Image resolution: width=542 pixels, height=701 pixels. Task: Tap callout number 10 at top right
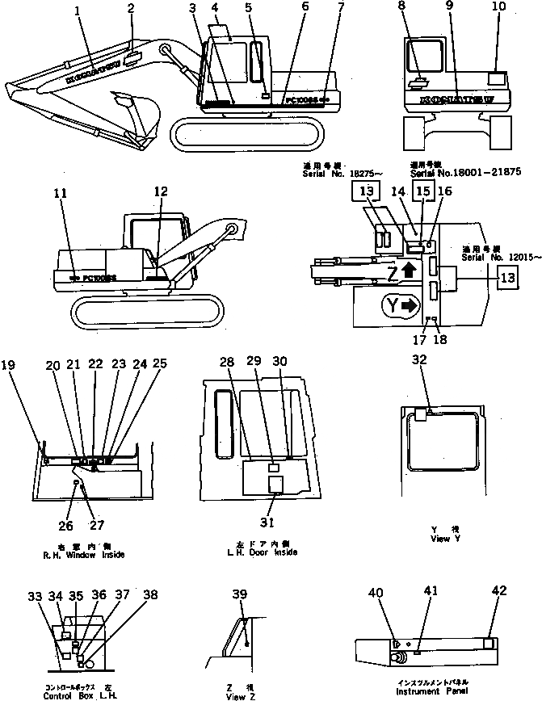click(x=498, y=7)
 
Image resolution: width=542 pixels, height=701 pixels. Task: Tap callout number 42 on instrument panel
click(x=500, y=592)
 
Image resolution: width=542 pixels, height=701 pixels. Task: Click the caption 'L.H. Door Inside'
click(x=262, y=552)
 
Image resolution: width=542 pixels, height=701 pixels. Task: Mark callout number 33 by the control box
click(x=34, y=596)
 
